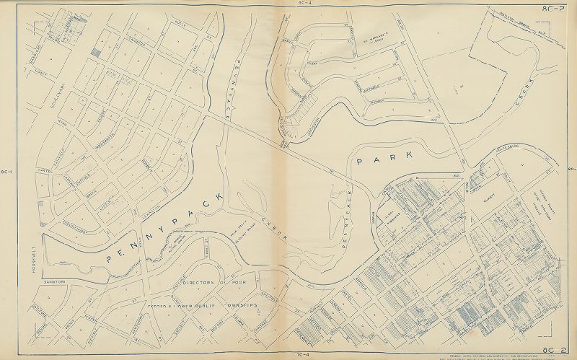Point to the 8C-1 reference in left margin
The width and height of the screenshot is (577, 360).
pos(8,171)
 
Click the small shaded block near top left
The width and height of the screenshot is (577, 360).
pos(97,53)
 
